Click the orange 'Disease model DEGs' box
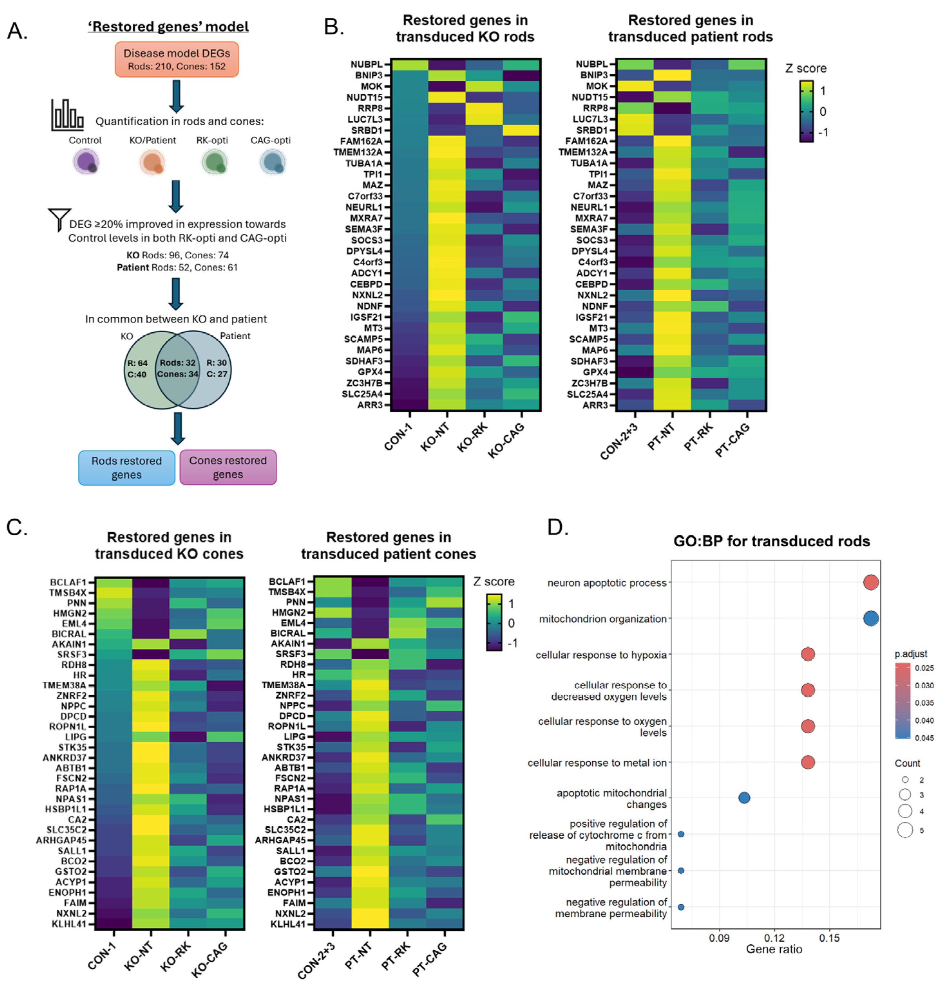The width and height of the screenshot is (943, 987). (x=176, y=59)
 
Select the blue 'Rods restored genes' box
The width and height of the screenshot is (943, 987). (x=127, y=467)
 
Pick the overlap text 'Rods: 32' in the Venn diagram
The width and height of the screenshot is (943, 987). (x=177, y=363)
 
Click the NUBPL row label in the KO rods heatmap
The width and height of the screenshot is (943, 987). (x=367, y=64)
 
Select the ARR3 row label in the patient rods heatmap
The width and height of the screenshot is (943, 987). (x=595, y=405)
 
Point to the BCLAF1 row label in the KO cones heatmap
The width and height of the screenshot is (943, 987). (x=68, y=582)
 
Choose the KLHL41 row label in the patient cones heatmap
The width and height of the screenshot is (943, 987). (x=288, y=924)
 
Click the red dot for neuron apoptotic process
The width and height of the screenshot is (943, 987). (x=871, y=582)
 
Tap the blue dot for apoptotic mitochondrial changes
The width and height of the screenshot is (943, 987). (x=744, y=797)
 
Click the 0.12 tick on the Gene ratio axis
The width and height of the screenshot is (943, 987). (x=774, y=938)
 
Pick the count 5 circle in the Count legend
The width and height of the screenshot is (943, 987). (x=905, y=830)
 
